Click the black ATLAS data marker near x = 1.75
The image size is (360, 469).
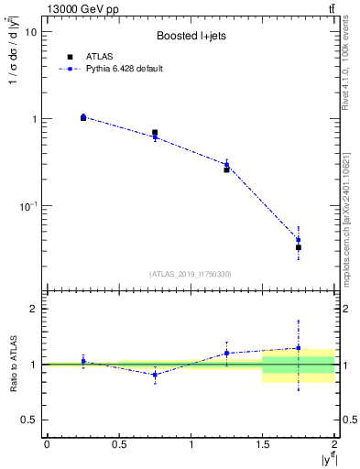[x=299, y=247]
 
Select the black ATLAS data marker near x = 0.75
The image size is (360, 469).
[x=155, y=133]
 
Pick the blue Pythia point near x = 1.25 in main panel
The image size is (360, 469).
[x=226, y=165]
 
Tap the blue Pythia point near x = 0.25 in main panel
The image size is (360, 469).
[x=83, y=116]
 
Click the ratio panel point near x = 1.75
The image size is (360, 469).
[x=299, y=348]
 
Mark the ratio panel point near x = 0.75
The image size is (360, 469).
[x=155, y=375]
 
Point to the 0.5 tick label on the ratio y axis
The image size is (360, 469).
[x=29, y=420]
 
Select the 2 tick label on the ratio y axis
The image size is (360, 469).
[x=34, y=310]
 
